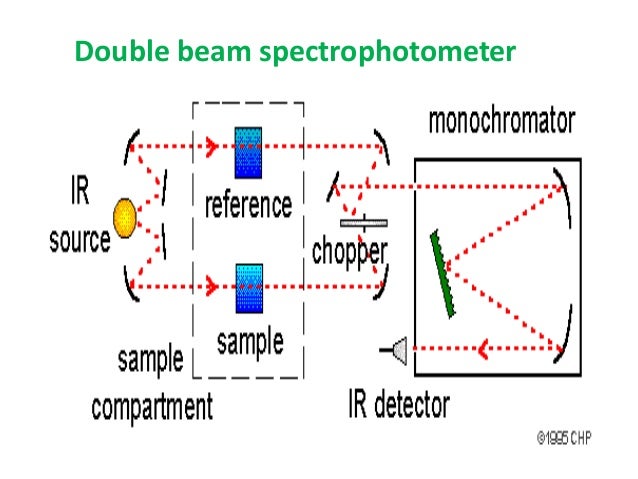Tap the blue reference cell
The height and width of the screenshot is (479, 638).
(x=247, y=150)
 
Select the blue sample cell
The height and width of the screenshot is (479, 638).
(x=248, y=288)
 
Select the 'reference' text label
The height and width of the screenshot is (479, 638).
(x=248, y=205)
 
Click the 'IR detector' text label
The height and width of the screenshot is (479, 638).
(x=398, y=404)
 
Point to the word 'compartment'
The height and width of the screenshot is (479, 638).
(x=152, y=407)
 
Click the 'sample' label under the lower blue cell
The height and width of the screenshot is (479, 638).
(x=249, y=342)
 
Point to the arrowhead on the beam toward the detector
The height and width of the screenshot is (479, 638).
(x=480, y=349)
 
